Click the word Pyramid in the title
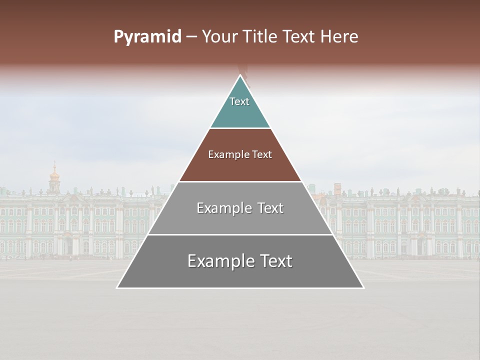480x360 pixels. (147, 37)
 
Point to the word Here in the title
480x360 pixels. (340, 37)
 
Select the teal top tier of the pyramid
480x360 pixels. (240, 112)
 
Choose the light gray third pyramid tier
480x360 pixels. (240, 220)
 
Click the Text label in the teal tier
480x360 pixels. (239, 101)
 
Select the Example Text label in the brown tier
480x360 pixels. (240, 154)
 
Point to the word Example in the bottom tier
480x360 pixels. (217, 261)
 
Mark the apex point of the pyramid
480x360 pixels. (240, 75)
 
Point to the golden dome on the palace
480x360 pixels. (54, 175)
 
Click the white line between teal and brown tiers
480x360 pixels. (240, 128)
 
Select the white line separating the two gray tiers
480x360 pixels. (240, 234)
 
